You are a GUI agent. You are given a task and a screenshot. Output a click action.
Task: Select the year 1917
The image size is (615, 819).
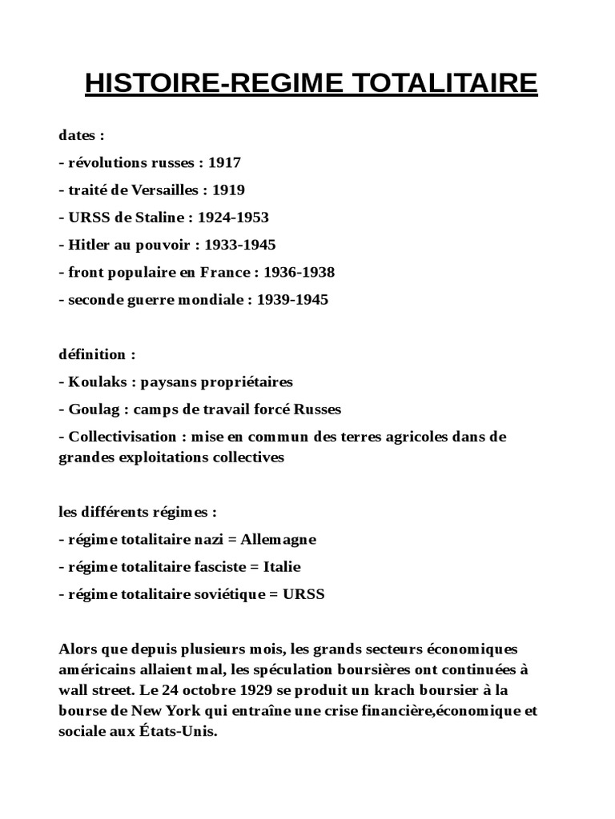tap(224, 163)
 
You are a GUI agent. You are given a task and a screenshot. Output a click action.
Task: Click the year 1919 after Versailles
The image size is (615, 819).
tap(228, 190)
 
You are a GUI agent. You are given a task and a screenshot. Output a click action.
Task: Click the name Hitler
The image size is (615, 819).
tap(89, 245)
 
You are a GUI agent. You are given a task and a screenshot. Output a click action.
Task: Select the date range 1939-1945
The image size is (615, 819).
tap(292, 300)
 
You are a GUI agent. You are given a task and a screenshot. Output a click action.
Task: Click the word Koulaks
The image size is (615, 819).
tap(98, 382)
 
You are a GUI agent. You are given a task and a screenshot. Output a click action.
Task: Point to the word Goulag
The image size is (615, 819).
tap(94, 409)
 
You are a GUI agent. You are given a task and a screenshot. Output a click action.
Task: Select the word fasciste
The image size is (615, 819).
tap(213, 567)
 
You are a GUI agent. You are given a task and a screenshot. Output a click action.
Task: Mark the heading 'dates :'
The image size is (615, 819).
tap(82, 135)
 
